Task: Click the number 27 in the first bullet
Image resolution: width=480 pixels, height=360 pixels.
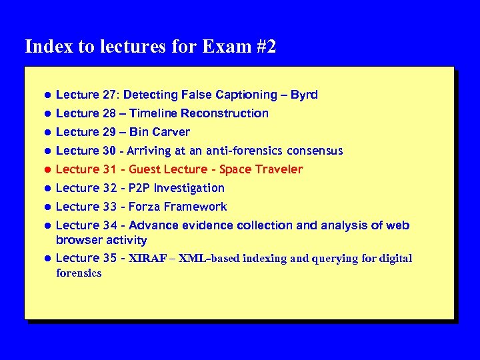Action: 109,95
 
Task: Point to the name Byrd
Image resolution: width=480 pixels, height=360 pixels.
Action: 304,95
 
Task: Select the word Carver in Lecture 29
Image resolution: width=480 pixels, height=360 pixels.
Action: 172,132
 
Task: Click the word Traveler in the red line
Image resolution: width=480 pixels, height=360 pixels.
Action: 279,169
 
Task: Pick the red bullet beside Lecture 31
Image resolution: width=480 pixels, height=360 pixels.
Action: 48,170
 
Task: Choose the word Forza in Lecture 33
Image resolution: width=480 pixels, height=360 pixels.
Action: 145,207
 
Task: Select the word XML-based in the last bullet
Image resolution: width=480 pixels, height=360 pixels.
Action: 205,259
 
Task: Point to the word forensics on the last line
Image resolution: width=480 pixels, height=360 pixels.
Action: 79,273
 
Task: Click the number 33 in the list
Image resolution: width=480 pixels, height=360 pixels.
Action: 109,207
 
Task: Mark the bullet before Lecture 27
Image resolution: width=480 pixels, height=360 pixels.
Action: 48,95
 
